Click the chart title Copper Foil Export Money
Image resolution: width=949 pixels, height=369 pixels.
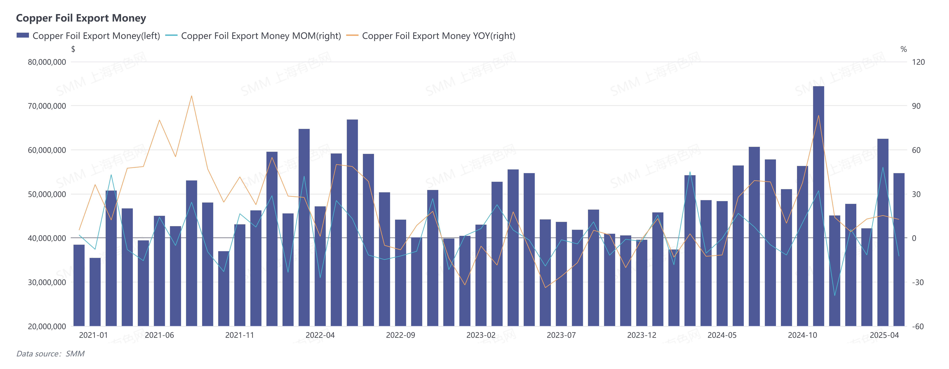point(81,18)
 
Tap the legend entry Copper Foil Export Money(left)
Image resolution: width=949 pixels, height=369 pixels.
point(96,36)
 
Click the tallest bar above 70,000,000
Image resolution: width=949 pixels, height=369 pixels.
point(818,206)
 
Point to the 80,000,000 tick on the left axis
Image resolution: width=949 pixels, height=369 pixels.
point(47,62)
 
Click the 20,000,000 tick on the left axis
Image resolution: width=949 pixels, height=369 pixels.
point(47,326)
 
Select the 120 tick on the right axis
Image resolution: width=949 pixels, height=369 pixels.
point(918,62)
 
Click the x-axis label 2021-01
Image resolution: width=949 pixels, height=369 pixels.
point(93,335)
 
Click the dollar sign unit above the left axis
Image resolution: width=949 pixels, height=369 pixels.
point(73,49)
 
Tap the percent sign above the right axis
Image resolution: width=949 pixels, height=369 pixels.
point(903,49)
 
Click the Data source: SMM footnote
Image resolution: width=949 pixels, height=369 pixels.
point(50,354)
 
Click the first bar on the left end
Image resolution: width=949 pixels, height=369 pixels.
point(79,285)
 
